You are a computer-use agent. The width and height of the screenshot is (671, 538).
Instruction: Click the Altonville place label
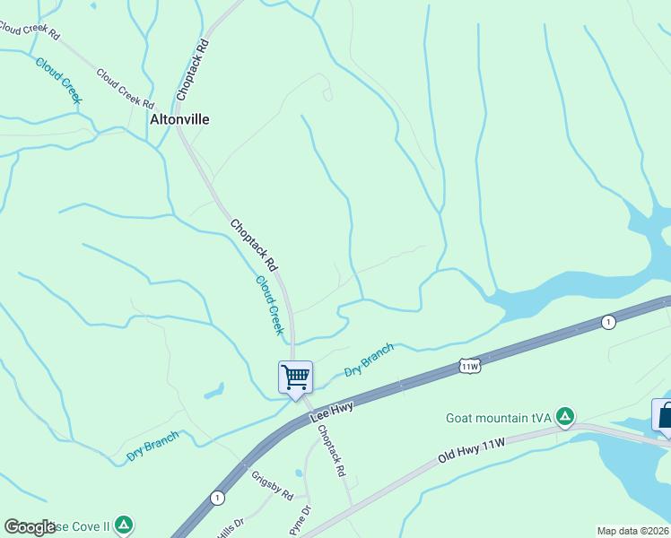[179, 118]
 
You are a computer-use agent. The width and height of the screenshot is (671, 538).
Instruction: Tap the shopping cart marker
[295, 377]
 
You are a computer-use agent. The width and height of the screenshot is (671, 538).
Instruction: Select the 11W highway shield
[470, 366]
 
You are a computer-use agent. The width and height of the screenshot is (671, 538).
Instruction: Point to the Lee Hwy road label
[332, 412]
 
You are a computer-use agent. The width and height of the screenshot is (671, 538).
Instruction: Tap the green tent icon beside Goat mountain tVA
[564, 416]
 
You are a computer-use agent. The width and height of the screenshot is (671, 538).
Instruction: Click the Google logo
[30, 527]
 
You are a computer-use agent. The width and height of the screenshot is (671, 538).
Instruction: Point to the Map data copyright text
[633, 531]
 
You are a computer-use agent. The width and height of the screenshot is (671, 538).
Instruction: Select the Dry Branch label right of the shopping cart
[370, 360]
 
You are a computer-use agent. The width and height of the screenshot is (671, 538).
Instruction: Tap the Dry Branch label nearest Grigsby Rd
[152, 446]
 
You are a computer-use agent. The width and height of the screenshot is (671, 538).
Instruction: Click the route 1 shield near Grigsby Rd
[216, 498]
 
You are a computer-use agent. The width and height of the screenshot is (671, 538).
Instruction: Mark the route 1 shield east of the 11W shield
[608, 322]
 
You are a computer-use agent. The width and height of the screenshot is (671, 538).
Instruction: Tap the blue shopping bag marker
[664, 417]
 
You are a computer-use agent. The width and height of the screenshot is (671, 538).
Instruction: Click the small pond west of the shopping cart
[213, 391]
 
